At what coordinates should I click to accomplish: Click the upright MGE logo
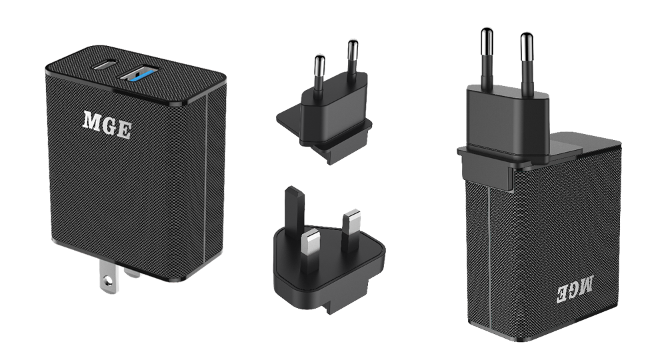pos(107,125)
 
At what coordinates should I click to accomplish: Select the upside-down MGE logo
pos(575,289)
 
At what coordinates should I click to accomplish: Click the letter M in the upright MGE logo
pos(92,120)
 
